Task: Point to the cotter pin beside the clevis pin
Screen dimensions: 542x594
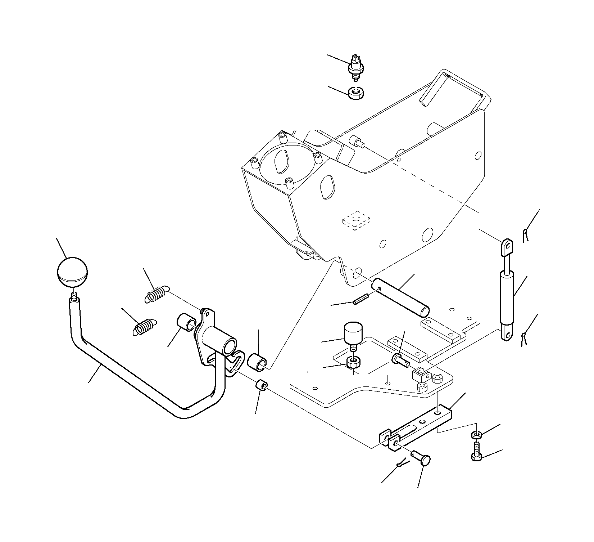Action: pos(402,465)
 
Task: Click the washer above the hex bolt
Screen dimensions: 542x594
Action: pos(476,435)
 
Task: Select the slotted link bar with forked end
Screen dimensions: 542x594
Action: pos(417,428)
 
